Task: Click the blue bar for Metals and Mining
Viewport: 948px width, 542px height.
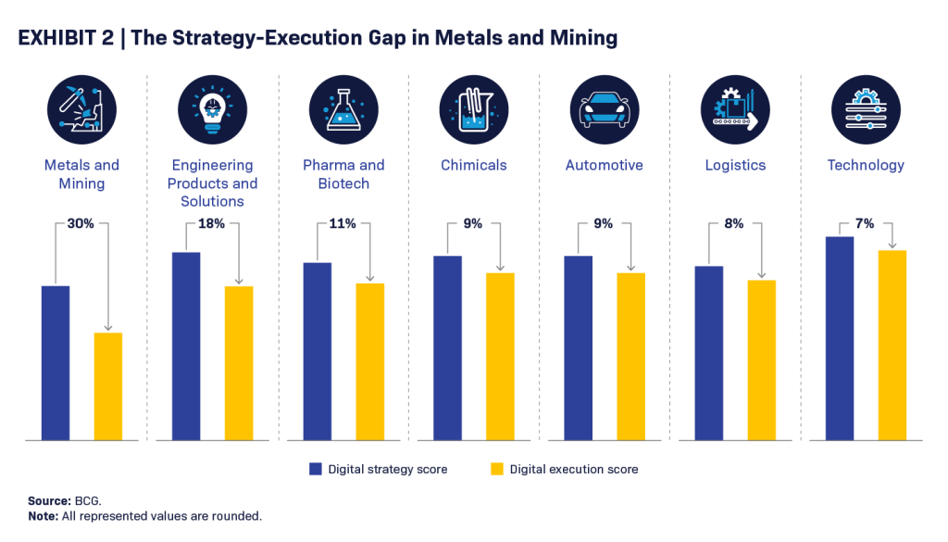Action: tap(56, 362)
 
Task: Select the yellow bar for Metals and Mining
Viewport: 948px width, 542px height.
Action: tap(108, 385)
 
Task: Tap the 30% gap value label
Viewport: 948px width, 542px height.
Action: tap(81, 223)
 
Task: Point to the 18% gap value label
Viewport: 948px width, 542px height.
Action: tap(212, 223)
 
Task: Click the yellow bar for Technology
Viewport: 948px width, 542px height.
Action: tap(892, 345)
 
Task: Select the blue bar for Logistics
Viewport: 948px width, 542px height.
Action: tap(708, 353)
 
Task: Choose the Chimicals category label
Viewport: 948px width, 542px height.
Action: tap(474, 165)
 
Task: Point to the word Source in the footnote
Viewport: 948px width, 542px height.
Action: tap(48, 500)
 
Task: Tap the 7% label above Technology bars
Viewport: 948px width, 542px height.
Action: tap(865, 223)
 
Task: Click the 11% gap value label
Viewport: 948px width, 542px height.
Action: tap(343, 223)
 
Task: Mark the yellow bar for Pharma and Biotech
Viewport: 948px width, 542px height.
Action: tap(369, 361)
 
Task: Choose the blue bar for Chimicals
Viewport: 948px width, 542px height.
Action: tap(447, 347)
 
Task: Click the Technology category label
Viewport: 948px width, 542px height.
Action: tap(866, 165)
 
